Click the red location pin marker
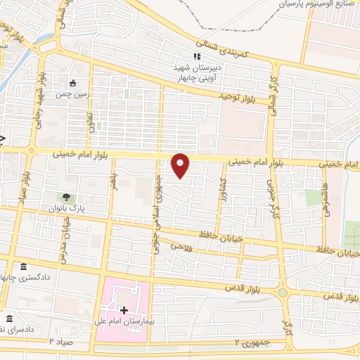coord(181,166)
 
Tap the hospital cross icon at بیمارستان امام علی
coord(124,310)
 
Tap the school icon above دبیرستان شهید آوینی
coord(198,57)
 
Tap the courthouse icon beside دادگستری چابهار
coord(25,267)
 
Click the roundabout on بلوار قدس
coord(283,292)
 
